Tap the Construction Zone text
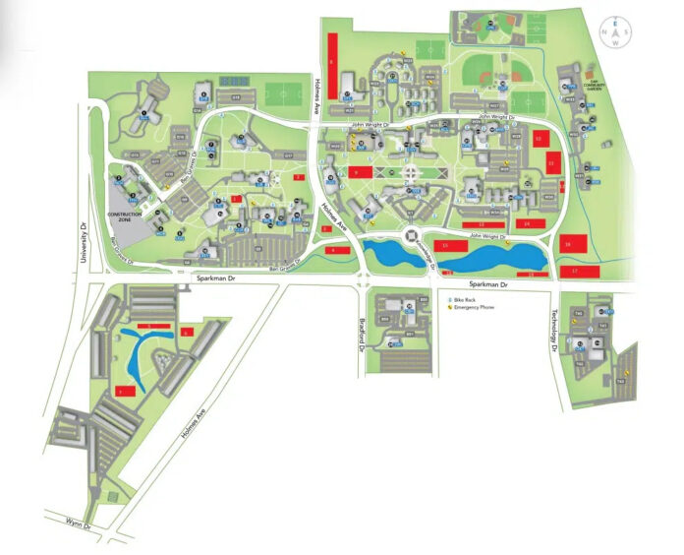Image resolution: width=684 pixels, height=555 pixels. point(132,215)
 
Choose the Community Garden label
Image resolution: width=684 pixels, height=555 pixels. point(591,87)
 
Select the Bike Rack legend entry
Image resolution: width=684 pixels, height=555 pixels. point(463,298)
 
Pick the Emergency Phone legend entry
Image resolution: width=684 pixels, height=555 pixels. point(470,307)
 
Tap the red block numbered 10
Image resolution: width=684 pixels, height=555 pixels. point(539,140)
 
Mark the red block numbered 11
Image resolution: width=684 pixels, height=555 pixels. point(552,163)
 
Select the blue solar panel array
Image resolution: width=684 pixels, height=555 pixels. point(234,80)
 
